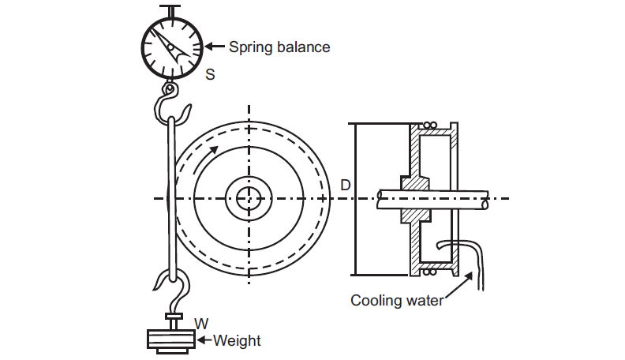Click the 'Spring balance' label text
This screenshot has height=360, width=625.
(x=279, y=47)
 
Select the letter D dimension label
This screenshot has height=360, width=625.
(x=345, y=185)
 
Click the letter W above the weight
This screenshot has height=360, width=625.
(x=200, y=323)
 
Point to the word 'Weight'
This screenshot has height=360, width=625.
(x=237, y=341)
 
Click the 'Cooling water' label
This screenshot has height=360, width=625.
(x=397, y=300)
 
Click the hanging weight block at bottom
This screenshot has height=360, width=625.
(x=171, y=339)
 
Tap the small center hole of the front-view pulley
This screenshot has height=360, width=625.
(x=249, y=197)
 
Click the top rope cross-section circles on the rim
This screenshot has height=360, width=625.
(x=429, y=126)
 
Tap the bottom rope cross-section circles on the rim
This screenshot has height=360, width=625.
(x=429, y=272)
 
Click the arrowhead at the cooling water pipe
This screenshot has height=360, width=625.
(x=472, y=276)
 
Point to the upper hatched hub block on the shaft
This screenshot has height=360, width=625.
(x=417, y=182)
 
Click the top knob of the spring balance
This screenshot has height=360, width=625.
(x=171, y=9)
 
